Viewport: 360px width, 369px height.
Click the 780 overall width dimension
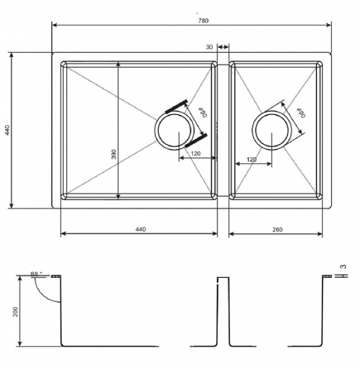tap(203, 21)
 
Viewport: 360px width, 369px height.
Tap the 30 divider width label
tap(209, 47)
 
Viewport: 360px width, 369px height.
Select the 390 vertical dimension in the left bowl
tap(114, 154)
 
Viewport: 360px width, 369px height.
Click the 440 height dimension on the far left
tap(7, 130)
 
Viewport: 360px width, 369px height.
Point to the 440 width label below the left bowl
tap(141, 229)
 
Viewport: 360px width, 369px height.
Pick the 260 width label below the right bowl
tap(278, 229)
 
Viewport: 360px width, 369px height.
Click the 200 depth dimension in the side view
tap(15, 312)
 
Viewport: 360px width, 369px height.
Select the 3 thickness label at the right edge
tap(343, 267)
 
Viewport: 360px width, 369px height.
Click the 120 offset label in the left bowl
tap(195, 154)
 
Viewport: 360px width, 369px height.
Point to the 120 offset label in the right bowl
tap(251, 159)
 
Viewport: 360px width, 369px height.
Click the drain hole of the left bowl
tap(174, 131)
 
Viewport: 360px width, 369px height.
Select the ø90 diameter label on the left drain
tap(203, 113)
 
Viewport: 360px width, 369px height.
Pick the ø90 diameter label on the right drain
tap(301, 113)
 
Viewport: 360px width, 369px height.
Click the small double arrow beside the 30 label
tap(223, 47)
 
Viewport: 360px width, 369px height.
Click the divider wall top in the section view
tap(223, 278)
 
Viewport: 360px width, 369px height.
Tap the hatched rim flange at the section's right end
tap(327, 276)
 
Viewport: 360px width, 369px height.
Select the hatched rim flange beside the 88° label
tap(56, 276)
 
